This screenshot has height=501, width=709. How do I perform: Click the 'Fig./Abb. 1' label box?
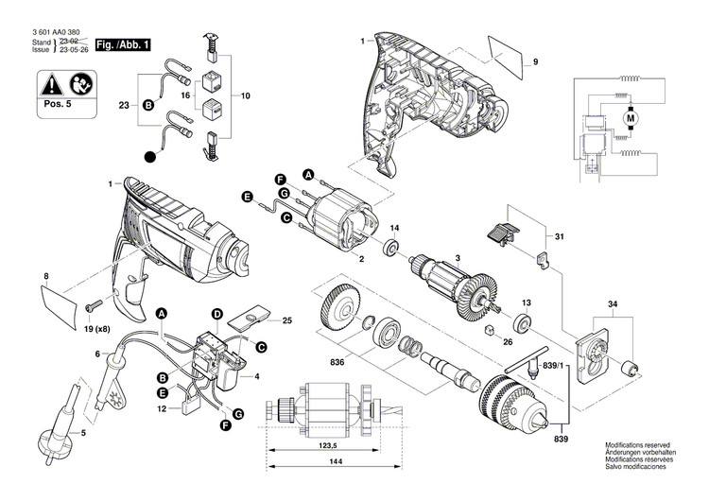click(123, 45)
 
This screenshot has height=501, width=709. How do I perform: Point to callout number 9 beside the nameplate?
click(534, 62)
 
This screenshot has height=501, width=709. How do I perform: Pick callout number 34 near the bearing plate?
click(612, 304)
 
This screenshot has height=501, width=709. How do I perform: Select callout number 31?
click(559, 236)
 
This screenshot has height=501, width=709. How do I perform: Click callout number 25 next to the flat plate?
click(287, 321)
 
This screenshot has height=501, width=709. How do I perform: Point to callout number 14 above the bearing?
click(395, 229)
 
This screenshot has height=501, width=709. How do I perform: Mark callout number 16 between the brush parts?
click(186, 96)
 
